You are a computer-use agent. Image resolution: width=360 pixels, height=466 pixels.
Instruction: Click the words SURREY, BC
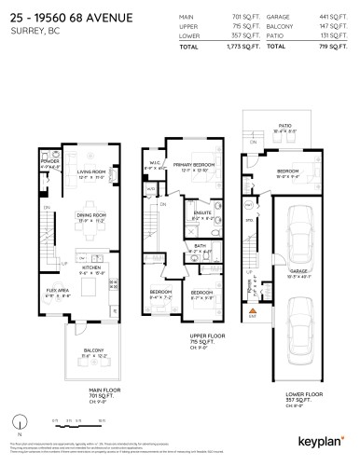tap(35, 29)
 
